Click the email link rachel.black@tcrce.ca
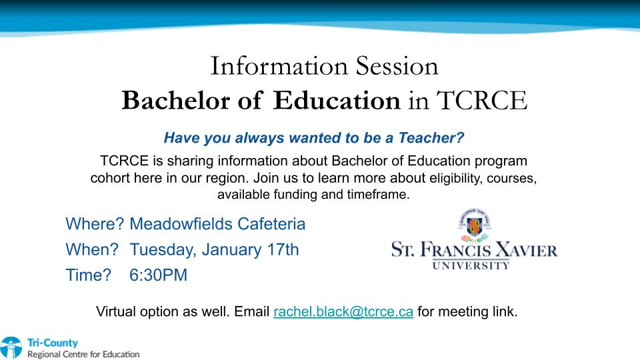[343, 312]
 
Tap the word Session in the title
[397, 66]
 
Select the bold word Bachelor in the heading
[176, 101]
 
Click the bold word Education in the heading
[337, 101]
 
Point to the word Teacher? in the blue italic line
[431, 138]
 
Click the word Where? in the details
[95, 224]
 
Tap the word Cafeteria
[271, 224]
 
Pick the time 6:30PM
[159, 275]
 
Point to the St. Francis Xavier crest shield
[474, 227]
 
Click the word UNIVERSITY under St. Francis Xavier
[471, 266]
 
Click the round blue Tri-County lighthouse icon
[11, 348]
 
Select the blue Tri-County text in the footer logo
[52, 343]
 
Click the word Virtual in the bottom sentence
[116, 312]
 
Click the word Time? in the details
[88, 275]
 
